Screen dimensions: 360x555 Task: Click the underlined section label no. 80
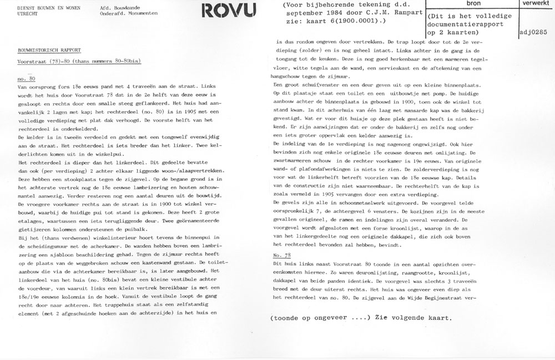coord(26,79)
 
